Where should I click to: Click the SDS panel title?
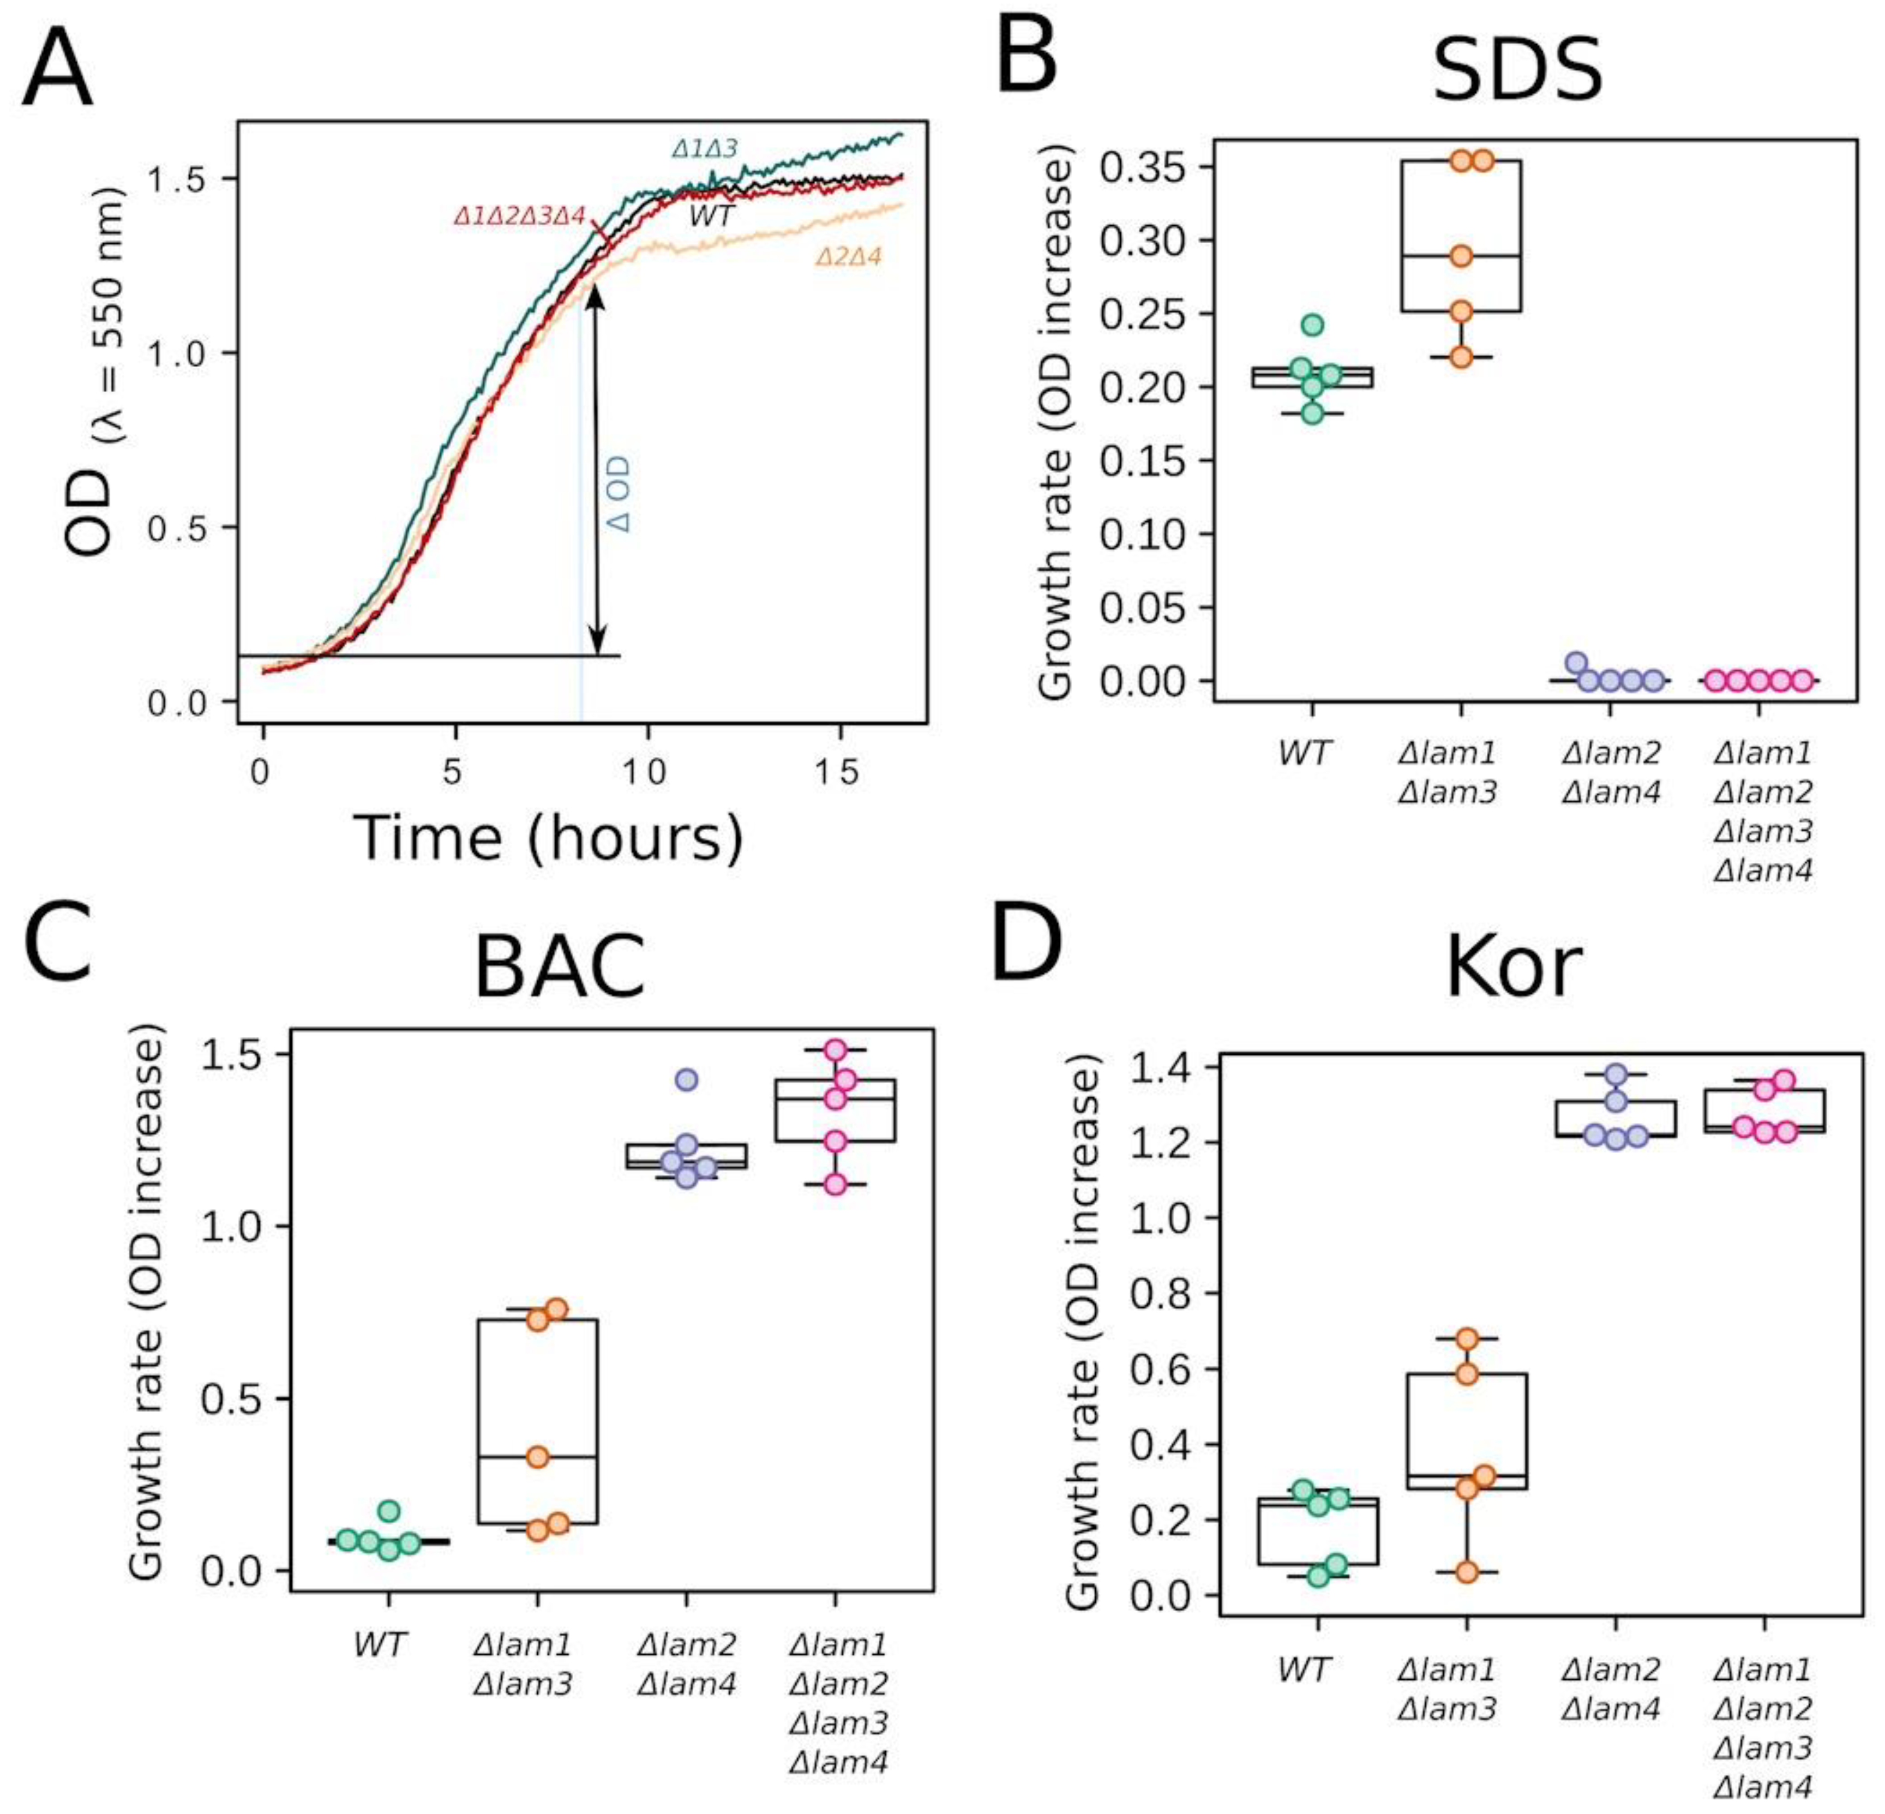pos(1517,71)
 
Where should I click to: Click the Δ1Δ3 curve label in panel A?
pos(705,149)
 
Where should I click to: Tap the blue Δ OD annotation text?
pos(620,494)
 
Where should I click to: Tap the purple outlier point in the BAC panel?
pos(686,1079)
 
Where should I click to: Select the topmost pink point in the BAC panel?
pos(835,1049)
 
